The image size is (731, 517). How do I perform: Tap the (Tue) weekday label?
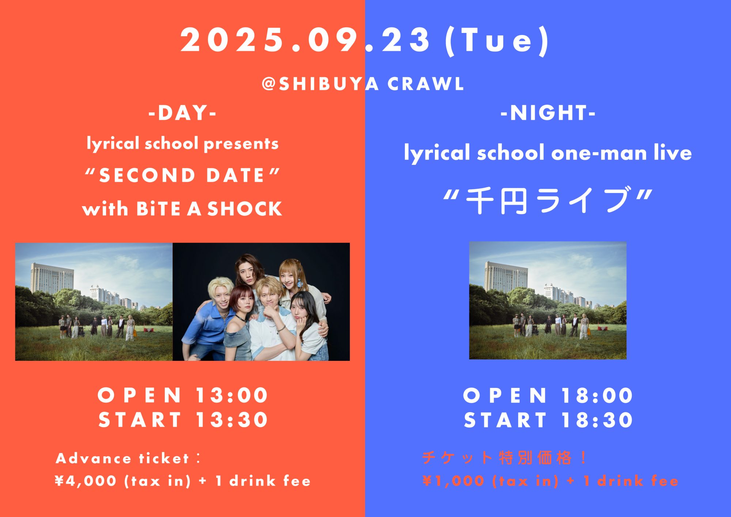pos(497,41)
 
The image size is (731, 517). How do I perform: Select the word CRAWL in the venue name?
pos(425,84)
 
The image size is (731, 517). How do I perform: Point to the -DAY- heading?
pos(182,113)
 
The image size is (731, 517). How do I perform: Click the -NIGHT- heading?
pos(548,113)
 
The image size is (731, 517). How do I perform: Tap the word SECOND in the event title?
pos(147,176)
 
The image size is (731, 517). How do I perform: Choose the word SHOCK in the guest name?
pos(245,209)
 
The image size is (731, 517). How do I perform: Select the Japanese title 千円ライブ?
pos(548,200)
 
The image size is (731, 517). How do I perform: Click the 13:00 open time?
pos(232,395)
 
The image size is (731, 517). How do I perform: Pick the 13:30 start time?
pos(232,420)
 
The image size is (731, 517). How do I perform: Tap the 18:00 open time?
pos(597,395)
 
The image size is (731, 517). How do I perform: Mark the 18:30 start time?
pos(597,420)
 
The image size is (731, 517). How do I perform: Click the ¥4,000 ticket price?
pos(86,481)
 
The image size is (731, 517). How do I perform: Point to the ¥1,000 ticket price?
pos(453,481)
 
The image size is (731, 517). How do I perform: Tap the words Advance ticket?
pos(122,458)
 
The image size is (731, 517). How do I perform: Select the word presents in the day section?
pos(241,144)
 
